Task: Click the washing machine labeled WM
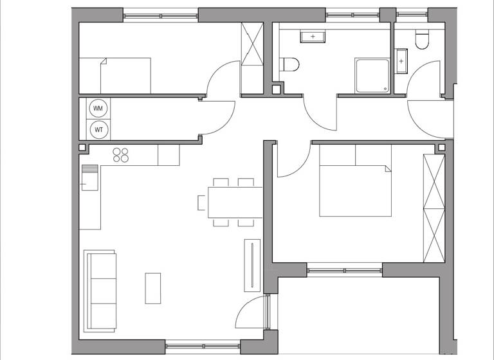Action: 98,109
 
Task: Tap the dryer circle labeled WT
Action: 98,129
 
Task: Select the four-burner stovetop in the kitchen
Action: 122,154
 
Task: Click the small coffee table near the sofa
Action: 152,288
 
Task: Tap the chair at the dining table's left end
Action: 202,203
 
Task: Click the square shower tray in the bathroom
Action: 372,76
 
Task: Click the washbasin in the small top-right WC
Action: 402,61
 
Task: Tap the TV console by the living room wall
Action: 251,264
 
